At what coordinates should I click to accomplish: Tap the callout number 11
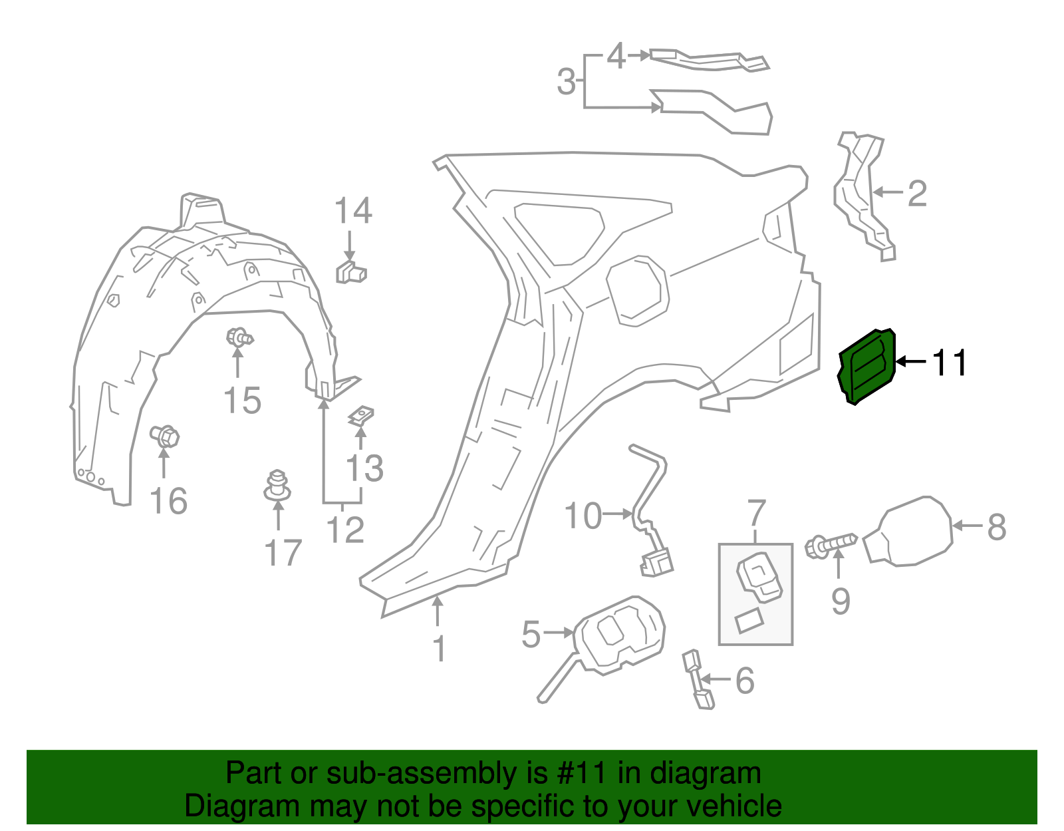(949, 363)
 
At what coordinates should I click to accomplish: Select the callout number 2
(917, 193)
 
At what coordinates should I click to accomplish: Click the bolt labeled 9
(831, 545)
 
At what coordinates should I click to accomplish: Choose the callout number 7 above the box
(757, 514)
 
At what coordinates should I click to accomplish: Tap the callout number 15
(242, 401)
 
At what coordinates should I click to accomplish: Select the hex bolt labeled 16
(165, 437)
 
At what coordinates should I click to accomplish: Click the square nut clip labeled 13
(360, 416)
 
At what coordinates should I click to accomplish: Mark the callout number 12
(345, 530)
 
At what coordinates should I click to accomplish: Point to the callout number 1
(438, 648)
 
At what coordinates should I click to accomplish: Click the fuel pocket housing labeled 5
(618, 635)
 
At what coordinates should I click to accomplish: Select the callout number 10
(583, 516)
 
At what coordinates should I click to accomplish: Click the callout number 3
(566, 82)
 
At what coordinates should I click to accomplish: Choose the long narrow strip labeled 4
(708, 60)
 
